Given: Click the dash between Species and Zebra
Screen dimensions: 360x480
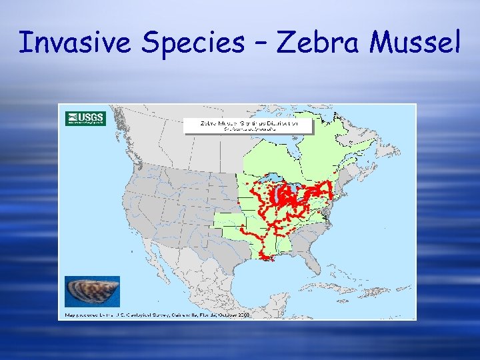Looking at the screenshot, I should [259, 44].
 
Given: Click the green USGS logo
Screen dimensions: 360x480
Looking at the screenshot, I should [85, 119].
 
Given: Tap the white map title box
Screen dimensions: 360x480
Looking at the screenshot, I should [249, 126].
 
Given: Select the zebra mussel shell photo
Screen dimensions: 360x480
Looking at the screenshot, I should [93, 291].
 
